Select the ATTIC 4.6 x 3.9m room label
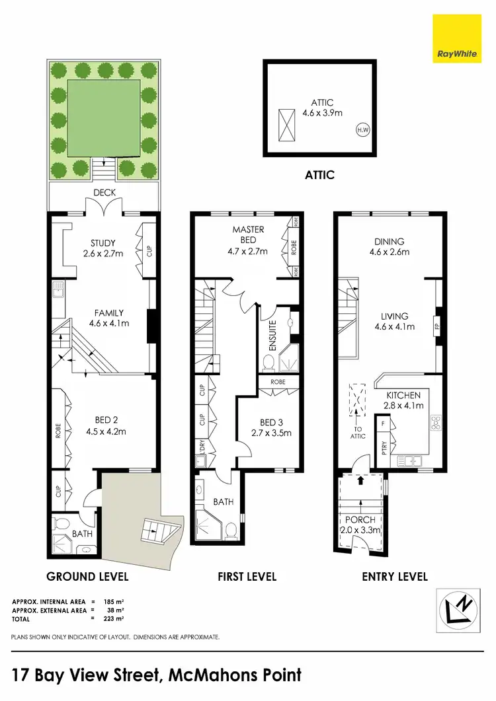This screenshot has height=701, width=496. [x=322, y=107]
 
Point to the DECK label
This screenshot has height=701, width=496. [x=104, y=192]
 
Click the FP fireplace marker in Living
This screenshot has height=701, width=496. [x=437, y=326]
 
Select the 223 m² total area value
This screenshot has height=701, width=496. [x=114, y=619]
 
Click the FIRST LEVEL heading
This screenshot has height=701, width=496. [x=247, y=577]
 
